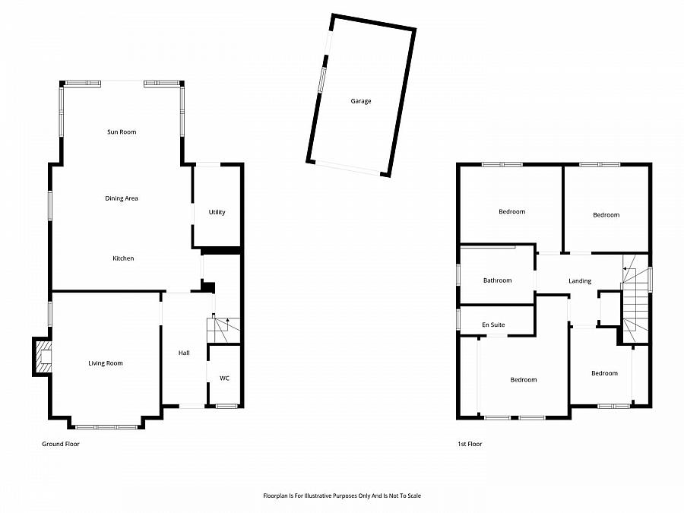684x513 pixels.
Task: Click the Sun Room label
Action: (122, 132)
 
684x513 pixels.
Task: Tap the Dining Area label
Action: (122, 198)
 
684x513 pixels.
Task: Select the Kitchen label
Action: (123, 258)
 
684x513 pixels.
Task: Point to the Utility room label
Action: (217, 212)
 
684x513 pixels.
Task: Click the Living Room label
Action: (106, 363)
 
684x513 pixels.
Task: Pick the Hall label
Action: (184, 353)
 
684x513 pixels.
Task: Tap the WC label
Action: (224, 378)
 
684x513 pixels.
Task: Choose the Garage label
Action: (361, 101)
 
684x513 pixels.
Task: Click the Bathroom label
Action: (498, 280)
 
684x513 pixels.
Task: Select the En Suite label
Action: (493, 325)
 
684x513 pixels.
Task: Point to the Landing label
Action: (580, 281)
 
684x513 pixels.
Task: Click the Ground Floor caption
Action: (60, 444)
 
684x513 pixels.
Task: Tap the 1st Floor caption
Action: (470, 444)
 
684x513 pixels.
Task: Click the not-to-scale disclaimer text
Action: (342, 496)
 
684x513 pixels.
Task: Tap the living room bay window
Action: (106, 426)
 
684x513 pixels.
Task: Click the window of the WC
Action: (226, 407)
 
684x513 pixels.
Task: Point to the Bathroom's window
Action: (458, 274)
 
